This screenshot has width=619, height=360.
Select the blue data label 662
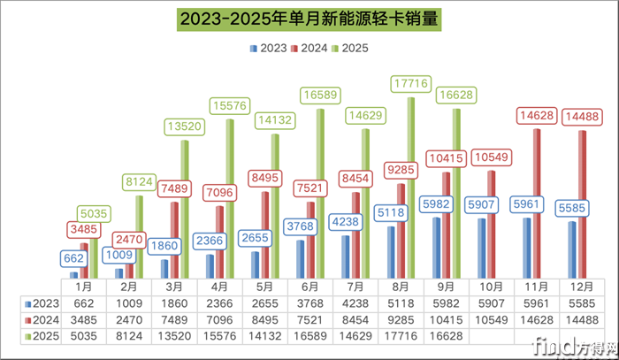point(74,259)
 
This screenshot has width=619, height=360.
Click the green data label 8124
point(139,182)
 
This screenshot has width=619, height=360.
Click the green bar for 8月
point(409,186)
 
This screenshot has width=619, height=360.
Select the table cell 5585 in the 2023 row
point(581,303)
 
